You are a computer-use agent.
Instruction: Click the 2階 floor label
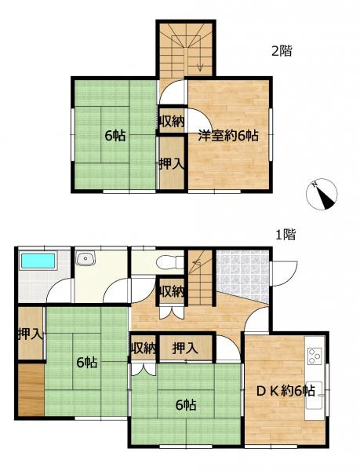point(282,52)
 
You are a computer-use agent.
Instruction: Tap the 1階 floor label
point(285,233)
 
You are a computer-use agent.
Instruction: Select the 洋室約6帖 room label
point(227,135)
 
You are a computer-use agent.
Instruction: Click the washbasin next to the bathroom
point(85,259)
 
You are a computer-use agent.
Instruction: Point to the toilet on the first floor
point(167,262)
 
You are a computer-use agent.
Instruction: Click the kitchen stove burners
point(315,356)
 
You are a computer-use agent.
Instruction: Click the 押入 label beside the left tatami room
point(30,334)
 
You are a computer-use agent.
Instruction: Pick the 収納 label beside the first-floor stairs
point(172,291)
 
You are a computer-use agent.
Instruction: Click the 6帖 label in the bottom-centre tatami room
point(185,405)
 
